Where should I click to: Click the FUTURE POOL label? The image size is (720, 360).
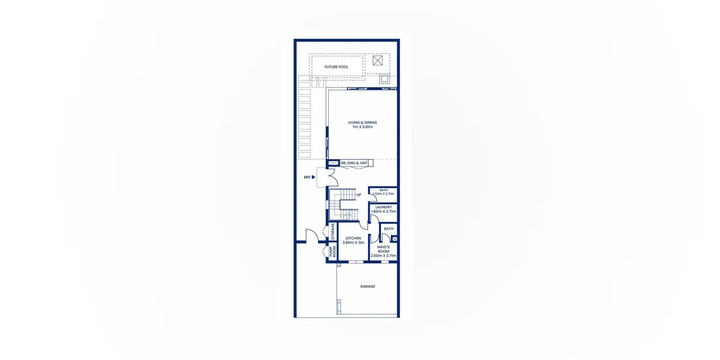click(x=336, y=67)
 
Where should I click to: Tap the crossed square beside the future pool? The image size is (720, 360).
click(x=377, y=61)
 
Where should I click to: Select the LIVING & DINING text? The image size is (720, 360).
click(x=362, y=122)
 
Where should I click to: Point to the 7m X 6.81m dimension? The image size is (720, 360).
click(x=362, y=127)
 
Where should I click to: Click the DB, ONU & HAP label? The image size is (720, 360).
click(x=353, y=163)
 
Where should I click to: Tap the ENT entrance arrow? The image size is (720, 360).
click(x=313, y=177)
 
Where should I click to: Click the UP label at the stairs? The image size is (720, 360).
click(x=359, y=195)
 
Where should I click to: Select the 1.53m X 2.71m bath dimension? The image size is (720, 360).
click(x=383, y=194)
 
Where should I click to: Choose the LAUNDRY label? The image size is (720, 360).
click(x=383, y=208)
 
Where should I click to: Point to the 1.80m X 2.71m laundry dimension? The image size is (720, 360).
click(x=383, y=211)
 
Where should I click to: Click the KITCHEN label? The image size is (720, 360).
click(x=353, y=238)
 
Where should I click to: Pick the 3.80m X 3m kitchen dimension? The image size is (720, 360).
click(x=353, y=242)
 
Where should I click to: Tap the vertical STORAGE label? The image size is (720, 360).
click(x=332, y=232)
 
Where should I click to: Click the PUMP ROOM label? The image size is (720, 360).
click(x=332, y=251)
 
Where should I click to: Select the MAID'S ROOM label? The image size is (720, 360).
click(x=383, y=249)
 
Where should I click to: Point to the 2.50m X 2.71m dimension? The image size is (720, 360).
click(x=383, y=256)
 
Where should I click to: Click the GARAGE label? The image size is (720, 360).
click(x=367, y=286)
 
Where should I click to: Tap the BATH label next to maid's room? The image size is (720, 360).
click(x=389, y=229)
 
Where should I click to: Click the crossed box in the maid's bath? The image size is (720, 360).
click(x=395, y=239)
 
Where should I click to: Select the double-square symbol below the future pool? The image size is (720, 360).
click(x=385, y=79)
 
